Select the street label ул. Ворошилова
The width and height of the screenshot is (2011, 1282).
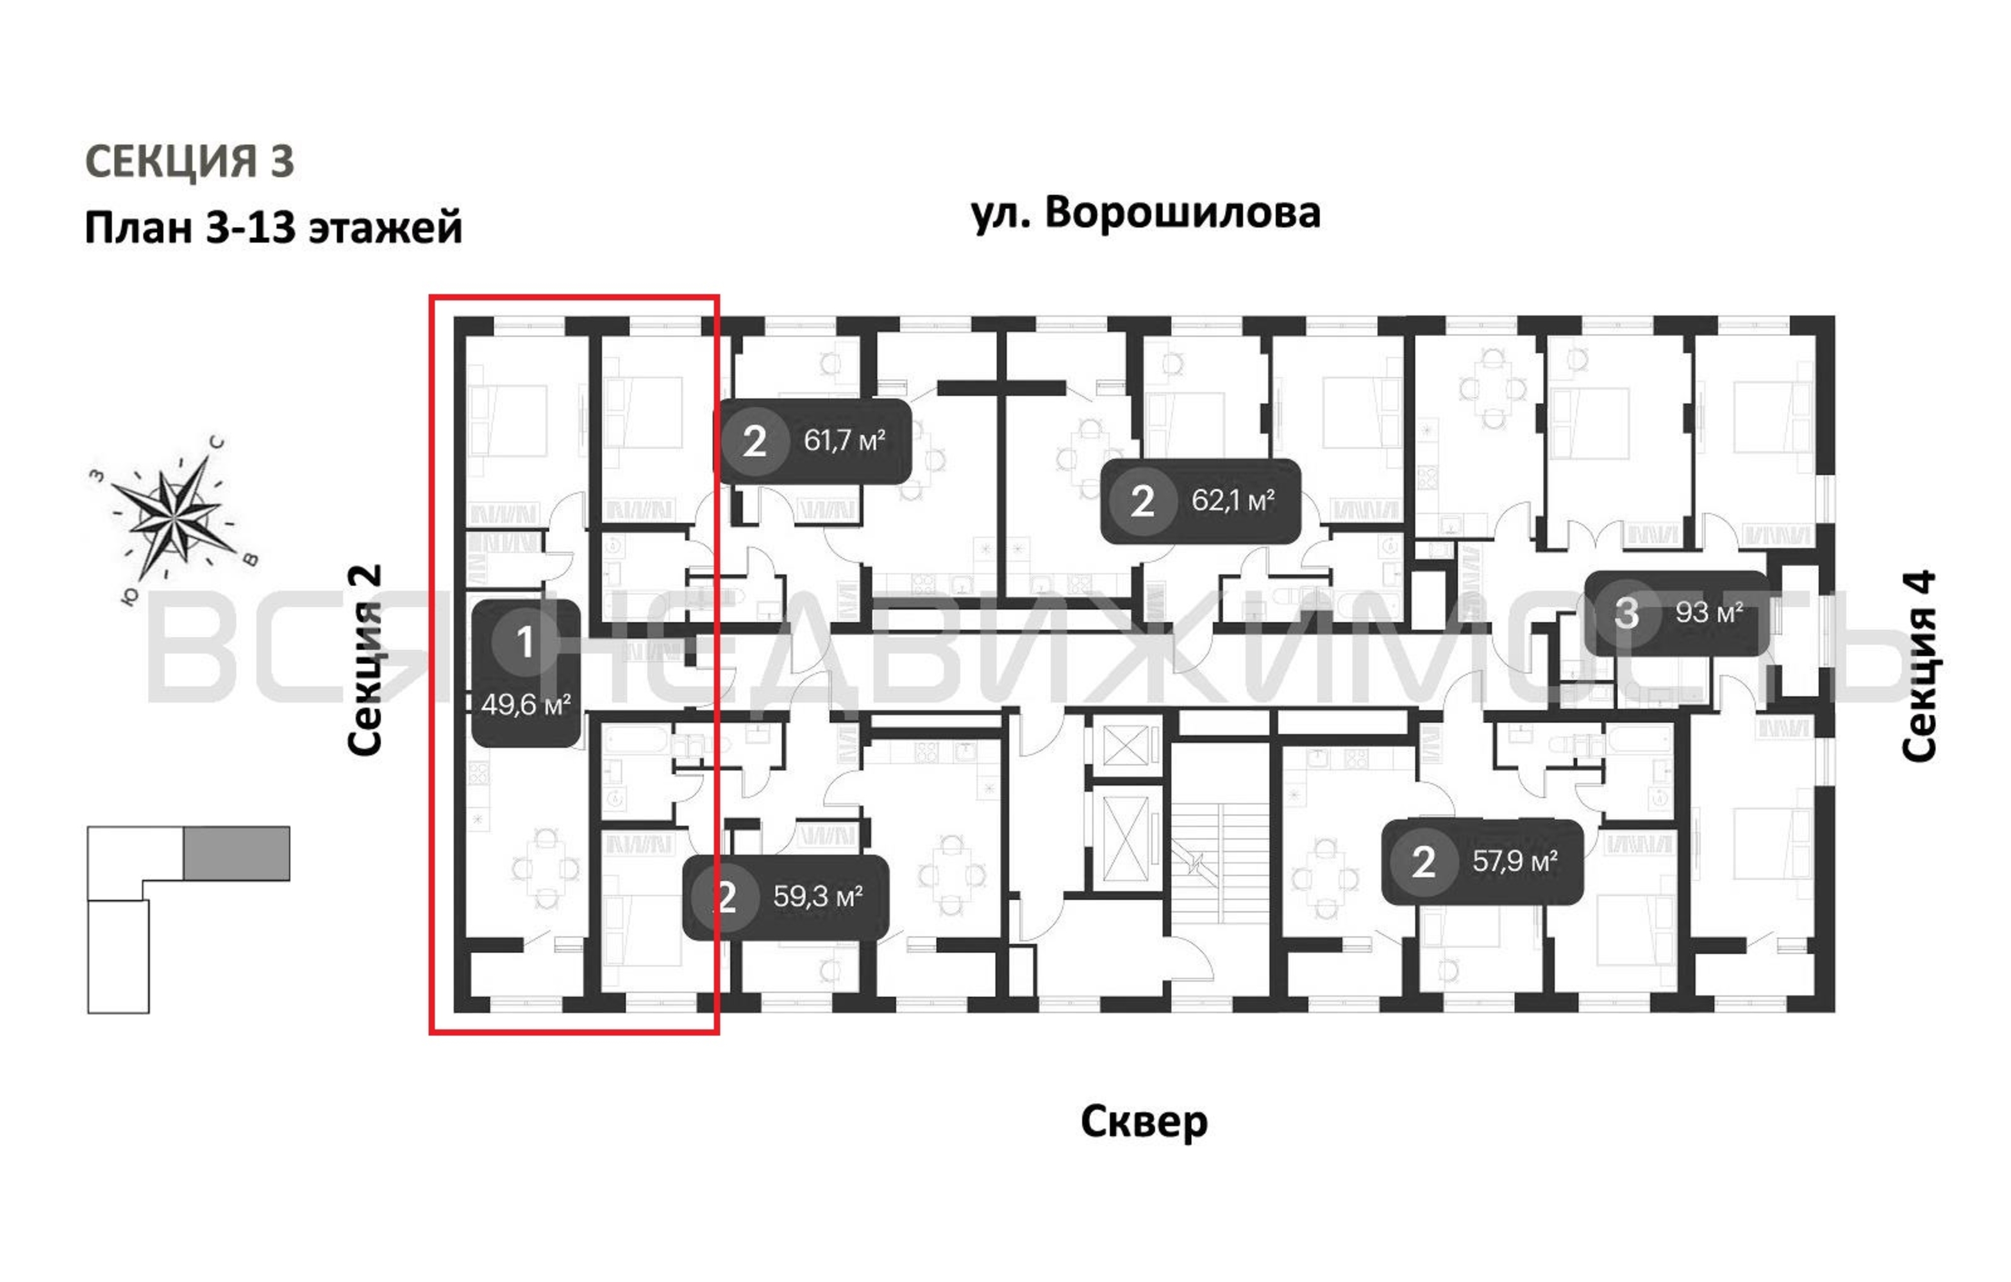(x=1145, y=213)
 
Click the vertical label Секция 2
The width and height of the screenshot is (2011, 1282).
(x=365, y=660)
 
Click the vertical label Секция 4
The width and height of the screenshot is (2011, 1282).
(x=1918, y=665)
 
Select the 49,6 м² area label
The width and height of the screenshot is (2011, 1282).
(x=525, y=705)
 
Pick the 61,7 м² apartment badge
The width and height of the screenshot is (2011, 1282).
(x=814, y=441)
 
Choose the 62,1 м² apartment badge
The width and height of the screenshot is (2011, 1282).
(x=1200, y=501)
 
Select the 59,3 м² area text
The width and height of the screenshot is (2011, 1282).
(x=817, y=896)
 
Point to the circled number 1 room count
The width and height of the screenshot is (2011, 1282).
(x=524, y=642)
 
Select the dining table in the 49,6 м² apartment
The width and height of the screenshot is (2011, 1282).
(x=546, y=869)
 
